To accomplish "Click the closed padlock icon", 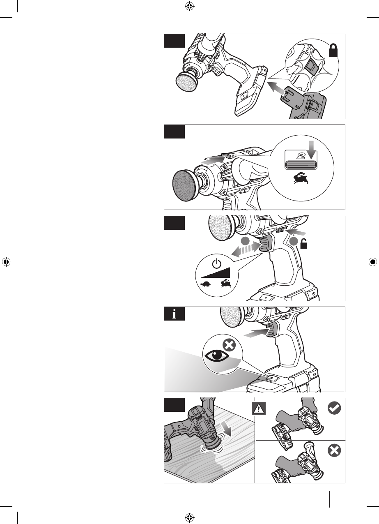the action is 333,51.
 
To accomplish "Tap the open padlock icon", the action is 303,244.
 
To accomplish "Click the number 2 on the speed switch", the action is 301,156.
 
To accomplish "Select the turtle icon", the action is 206,284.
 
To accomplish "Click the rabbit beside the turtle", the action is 226,283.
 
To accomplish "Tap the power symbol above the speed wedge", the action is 217,263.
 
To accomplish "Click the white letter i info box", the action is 174,314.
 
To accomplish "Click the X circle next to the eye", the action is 229,345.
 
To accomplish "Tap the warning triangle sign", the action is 259,409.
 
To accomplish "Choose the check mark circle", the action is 334,408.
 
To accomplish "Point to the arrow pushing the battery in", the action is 276,88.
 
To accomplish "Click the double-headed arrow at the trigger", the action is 246,249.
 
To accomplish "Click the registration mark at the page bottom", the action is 190,517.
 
